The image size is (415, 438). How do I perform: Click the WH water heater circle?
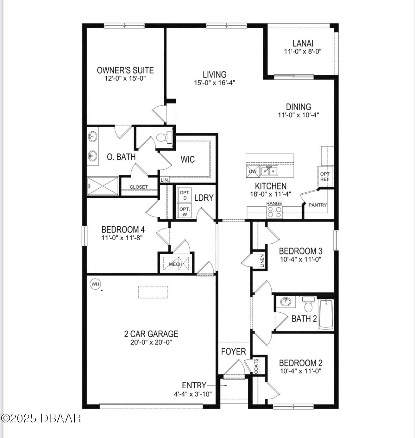click(x=95, y=284)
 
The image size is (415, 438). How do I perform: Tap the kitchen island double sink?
click(x=269, y=171)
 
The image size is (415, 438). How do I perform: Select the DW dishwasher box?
click(x=253, y=171)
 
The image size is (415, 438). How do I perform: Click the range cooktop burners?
click(x=274, y=212)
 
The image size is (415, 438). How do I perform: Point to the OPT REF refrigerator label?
click(x=325, y=177)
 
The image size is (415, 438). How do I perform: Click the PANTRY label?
click(x=318, y=205)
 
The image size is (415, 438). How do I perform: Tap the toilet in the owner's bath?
click(x=164, y=137)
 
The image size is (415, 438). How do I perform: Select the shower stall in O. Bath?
click(x=103, y=186)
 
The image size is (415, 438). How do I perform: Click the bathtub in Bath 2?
click(x=326, y=315)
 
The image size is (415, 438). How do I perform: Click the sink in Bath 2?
click(x=286, y=302)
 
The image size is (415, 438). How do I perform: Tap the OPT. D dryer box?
click(x=185, y=195)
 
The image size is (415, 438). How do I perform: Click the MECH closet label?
click(x=176, y=264)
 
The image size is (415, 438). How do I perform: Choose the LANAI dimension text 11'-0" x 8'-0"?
click(x=303, y=52)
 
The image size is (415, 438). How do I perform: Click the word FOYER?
click(x=233, y=351)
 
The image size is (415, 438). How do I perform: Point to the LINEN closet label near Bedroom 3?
click(x=262, y=261)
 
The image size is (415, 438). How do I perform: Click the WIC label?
click(x=188, y=159)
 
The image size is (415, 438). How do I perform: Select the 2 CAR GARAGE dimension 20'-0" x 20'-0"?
click(x=151, y=342)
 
